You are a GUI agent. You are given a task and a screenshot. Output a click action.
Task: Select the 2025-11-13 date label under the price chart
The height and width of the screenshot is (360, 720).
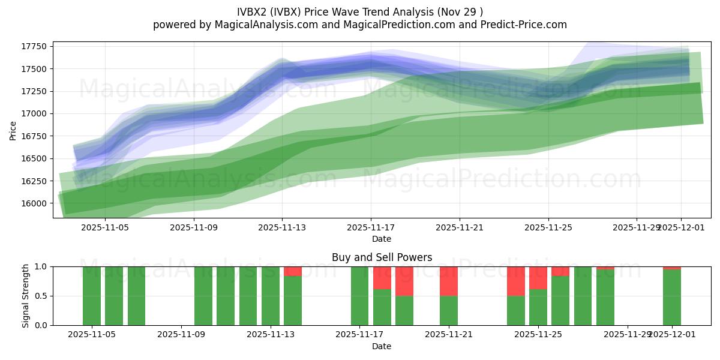click(283, 227)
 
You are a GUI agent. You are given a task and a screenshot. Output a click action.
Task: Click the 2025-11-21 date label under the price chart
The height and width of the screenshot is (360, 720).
click(460, 227)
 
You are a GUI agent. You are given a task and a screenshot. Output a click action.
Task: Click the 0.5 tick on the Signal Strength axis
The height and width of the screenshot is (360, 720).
click(41, 296)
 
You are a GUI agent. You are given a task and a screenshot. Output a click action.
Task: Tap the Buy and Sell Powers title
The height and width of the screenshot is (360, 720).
click(382, 257)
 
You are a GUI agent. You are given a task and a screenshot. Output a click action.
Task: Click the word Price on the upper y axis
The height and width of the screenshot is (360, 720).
click(13, 130)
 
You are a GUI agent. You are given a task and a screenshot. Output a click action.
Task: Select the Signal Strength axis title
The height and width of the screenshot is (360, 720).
click(25, 296)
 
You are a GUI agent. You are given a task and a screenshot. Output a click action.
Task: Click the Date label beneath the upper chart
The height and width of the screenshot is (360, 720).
click(382, 239)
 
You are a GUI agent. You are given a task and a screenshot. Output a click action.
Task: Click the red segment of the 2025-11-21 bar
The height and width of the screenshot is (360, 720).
click(449, 281)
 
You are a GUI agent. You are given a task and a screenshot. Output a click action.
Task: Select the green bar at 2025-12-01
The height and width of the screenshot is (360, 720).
click(672, 298)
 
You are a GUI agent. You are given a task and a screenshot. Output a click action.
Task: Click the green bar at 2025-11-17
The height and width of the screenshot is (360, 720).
click(359, 296)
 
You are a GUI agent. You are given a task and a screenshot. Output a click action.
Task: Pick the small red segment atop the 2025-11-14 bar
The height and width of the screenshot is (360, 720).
click(293, 271)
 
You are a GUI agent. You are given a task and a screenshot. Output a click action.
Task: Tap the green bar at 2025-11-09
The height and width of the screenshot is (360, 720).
click(203, 296)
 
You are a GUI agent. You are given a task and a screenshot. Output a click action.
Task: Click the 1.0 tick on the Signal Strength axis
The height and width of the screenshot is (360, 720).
click(41, 266)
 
